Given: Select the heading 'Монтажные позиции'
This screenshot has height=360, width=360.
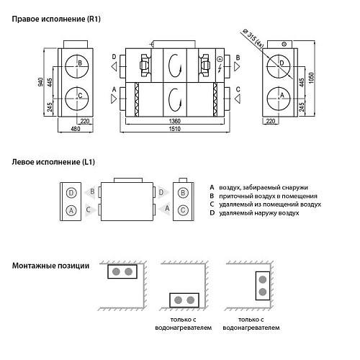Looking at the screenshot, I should [x=50, y=266].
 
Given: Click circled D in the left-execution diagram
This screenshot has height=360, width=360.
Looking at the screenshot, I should [x=71, y=193].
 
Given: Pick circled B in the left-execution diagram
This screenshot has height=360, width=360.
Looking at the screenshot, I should [x=183, y=193].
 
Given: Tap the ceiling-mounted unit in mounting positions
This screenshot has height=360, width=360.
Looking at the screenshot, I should [x=120, y=272].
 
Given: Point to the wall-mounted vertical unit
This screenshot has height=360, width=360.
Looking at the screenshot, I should [x=262, y=285].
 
